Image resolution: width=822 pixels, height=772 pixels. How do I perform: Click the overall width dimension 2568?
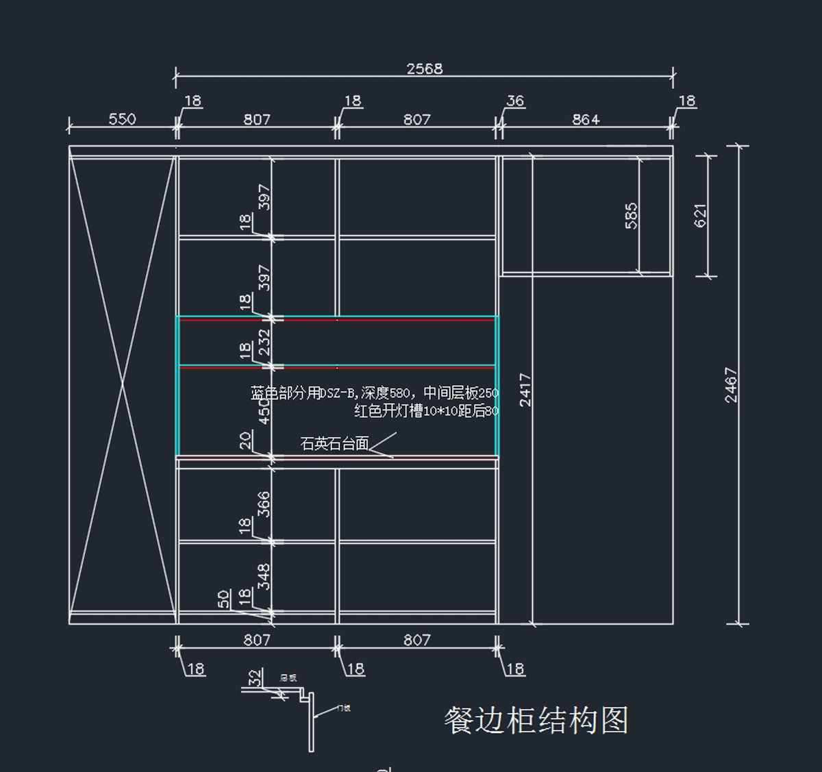(x=425, y=69)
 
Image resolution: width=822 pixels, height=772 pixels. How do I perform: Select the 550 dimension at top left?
(x=122, y=119)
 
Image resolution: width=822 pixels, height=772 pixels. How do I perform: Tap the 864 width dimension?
(x=586, y=120)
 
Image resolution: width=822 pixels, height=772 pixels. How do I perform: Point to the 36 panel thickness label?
(x=515, y=101)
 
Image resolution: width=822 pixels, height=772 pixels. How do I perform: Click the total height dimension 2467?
(x=731, y=385)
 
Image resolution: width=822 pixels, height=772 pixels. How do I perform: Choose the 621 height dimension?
(x=700, y=215)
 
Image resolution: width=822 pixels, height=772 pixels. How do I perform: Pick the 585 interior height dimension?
(x=631, y=215)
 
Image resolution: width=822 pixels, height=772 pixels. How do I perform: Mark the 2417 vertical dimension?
(x=525, y=390)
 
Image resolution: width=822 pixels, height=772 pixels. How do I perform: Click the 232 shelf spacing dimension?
(x=264, y=342)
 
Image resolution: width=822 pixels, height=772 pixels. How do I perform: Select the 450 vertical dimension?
(x=264, y=411)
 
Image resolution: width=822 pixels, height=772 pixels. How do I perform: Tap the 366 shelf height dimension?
(x=264, y=504)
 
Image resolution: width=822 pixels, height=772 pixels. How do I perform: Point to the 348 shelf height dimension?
(x=264, y=577)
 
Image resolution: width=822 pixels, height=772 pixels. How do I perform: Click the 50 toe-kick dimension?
(x=224, y=599)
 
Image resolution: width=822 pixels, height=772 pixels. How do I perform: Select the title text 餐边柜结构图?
(x=536, y=721)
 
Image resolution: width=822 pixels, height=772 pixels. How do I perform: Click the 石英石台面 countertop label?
(x=335, y=444)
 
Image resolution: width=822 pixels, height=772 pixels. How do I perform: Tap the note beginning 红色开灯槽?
(x=426, y=411)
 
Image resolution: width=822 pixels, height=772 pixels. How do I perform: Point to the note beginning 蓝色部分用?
(x=374, y=393)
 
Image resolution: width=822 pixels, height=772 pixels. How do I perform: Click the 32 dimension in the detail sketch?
(x=255, y=678)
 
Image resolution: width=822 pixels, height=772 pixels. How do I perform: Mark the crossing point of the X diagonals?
(x=123, y=384)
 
